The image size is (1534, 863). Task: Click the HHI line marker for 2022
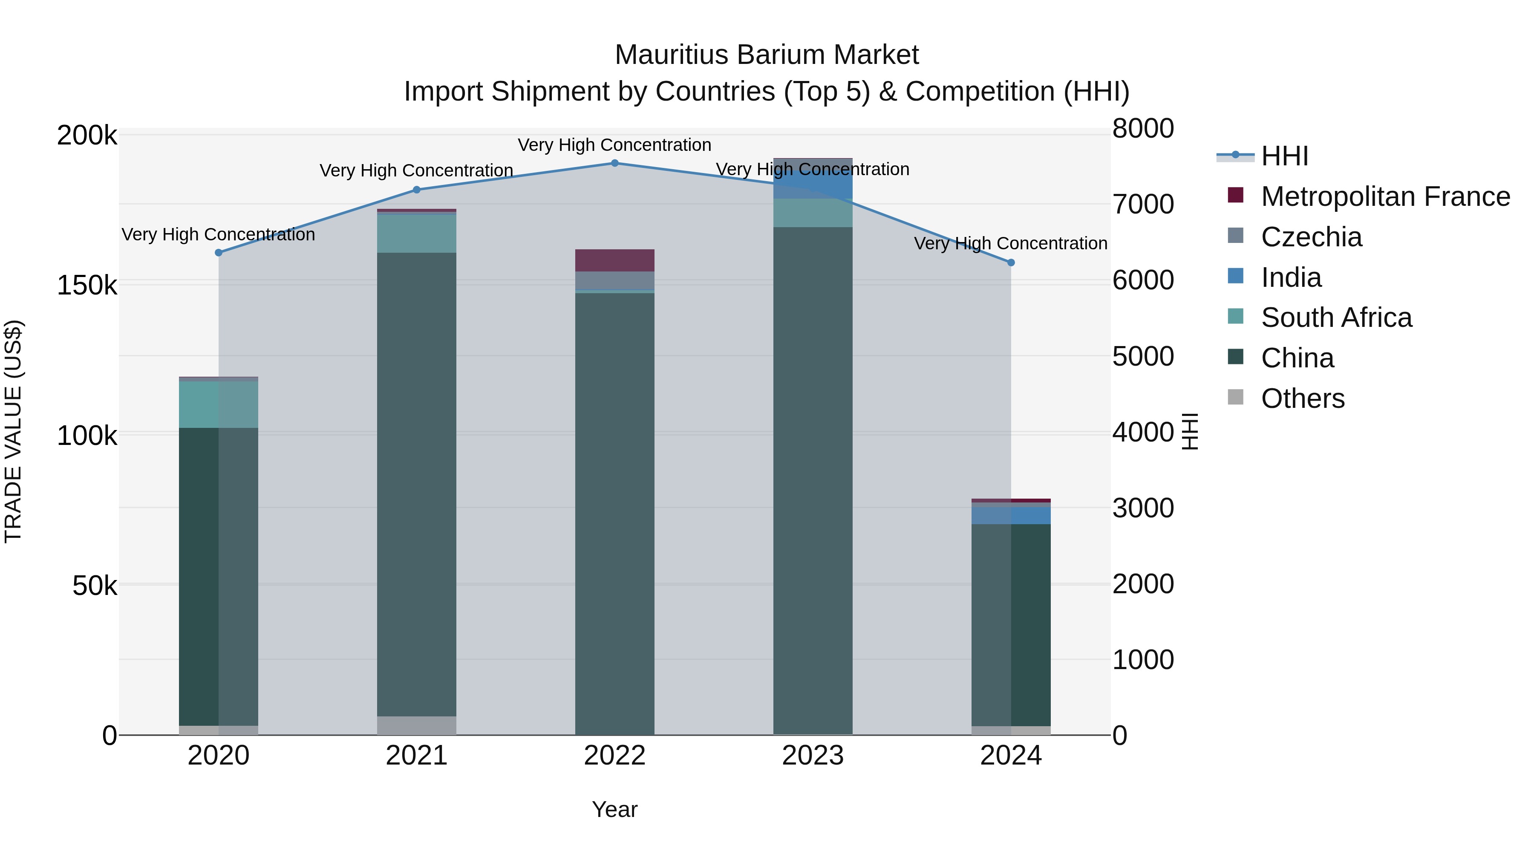click(614, 163)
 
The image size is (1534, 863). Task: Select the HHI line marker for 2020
click(219, 253)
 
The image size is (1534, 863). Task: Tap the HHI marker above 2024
click(1011, 263)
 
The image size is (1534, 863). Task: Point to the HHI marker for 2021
click(417, 190)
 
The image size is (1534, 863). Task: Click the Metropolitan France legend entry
click(1385, 196)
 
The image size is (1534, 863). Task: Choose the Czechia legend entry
click(1311, 237)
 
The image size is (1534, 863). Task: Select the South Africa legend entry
click(1336, 317)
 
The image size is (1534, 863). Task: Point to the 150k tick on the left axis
click(87, 285)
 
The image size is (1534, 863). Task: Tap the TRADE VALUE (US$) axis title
click(13, 431)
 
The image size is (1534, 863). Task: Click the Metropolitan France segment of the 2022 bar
click(614, 260)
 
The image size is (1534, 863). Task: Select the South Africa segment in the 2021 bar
click(417, 234)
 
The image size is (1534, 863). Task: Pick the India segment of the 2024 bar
click(1011, 515)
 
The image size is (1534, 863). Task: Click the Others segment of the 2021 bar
click(417, 725)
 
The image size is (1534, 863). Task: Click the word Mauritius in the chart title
click(671, 55)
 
